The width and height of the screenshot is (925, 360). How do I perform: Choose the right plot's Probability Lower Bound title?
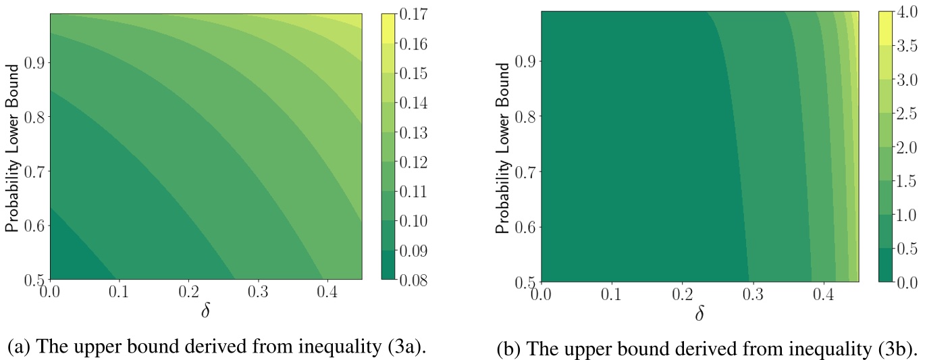502,147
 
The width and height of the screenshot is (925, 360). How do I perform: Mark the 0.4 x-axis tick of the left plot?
327,294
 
